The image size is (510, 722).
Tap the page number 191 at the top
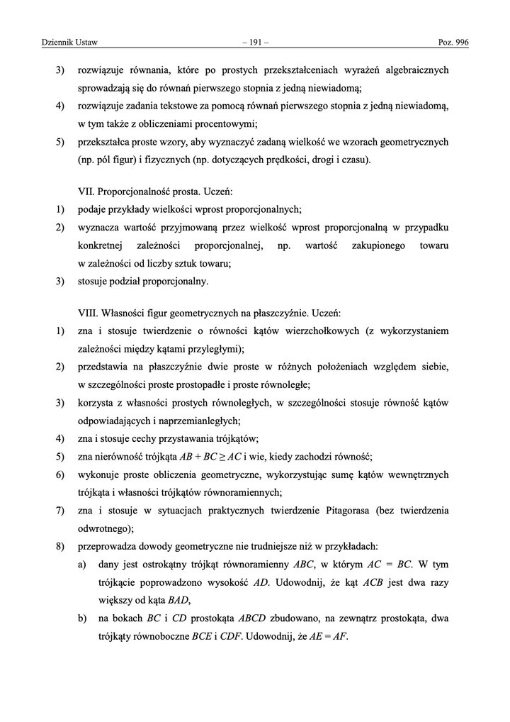254,44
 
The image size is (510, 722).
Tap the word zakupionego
381,245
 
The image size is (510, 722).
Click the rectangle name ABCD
242,617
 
